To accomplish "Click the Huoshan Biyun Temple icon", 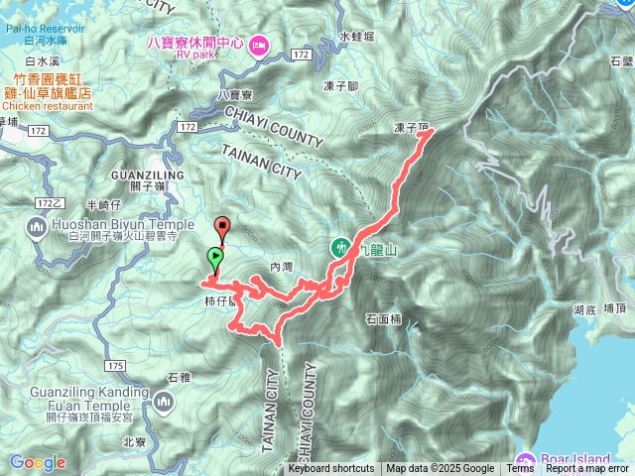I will pos(38,230).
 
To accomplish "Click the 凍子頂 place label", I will pos(410,128).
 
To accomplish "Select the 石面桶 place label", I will pos(383,319).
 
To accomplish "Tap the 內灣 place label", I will pos(282,267).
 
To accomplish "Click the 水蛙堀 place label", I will pos(356,36).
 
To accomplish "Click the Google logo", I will pos(38,462).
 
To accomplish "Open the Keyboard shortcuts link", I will pos(331,469).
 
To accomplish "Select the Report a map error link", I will pos(589,469).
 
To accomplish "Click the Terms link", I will pos(520,469).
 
